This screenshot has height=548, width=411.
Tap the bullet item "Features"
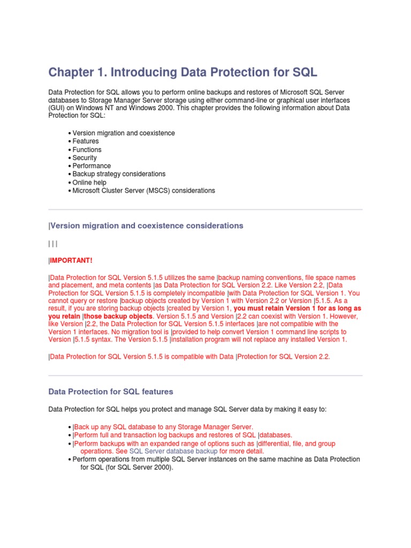tap(86, 141)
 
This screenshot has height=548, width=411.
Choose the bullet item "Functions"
tap(87, 150)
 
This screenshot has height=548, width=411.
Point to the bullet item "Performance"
tap(92, 166)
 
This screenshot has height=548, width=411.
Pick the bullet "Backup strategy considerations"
tap(119, 174)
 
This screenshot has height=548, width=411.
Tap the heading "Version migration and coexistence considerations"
tap(146, 226)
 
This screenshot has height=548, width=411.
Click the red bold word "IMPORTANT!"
tap(71, 261)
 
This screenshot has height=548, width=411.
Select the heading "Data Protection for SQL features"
tap(111, 392)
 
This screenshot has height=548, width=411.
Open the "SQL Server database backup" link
tap(173, 451)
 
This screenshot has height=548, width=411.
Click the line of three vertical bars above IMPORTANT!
tap(52, 244)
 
